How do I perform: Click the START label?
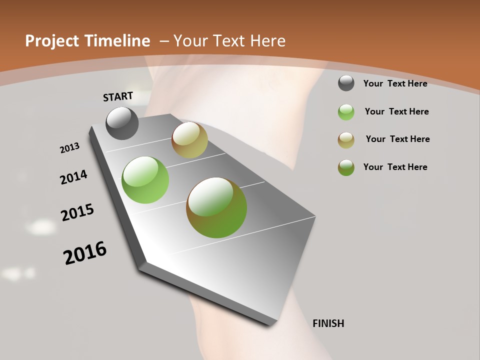click(118, 96)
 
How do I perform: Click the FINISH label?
click(328, 323)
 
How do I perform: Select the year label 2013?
click(69, 148)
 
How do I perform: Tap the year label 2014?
click(73, 177)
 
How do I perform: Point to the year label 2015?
click(77, 212)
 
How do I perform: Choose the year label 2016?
click(85, 253)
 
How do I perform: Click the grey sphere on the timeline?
click(122, 123)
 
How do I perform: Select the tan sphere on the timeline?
click(189, 140)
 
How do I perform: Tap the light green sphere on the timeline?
click(145, 180)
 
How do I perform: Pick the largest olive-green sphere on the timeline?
click(216, 207)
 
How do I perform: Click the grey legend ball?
click(346, 83)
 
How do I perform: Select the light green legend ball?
click(346, 112)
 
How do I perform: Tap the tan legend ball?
click(346, 140)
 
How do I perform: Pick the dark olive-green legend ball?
click(346, 167)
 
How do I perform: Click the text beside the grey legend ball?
click(395, 83)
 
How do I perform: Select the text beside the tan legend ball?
click(397, 139)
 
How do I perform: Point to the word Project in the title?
click(51, 41)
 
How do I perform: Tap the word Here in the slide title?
click(269, 41)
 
